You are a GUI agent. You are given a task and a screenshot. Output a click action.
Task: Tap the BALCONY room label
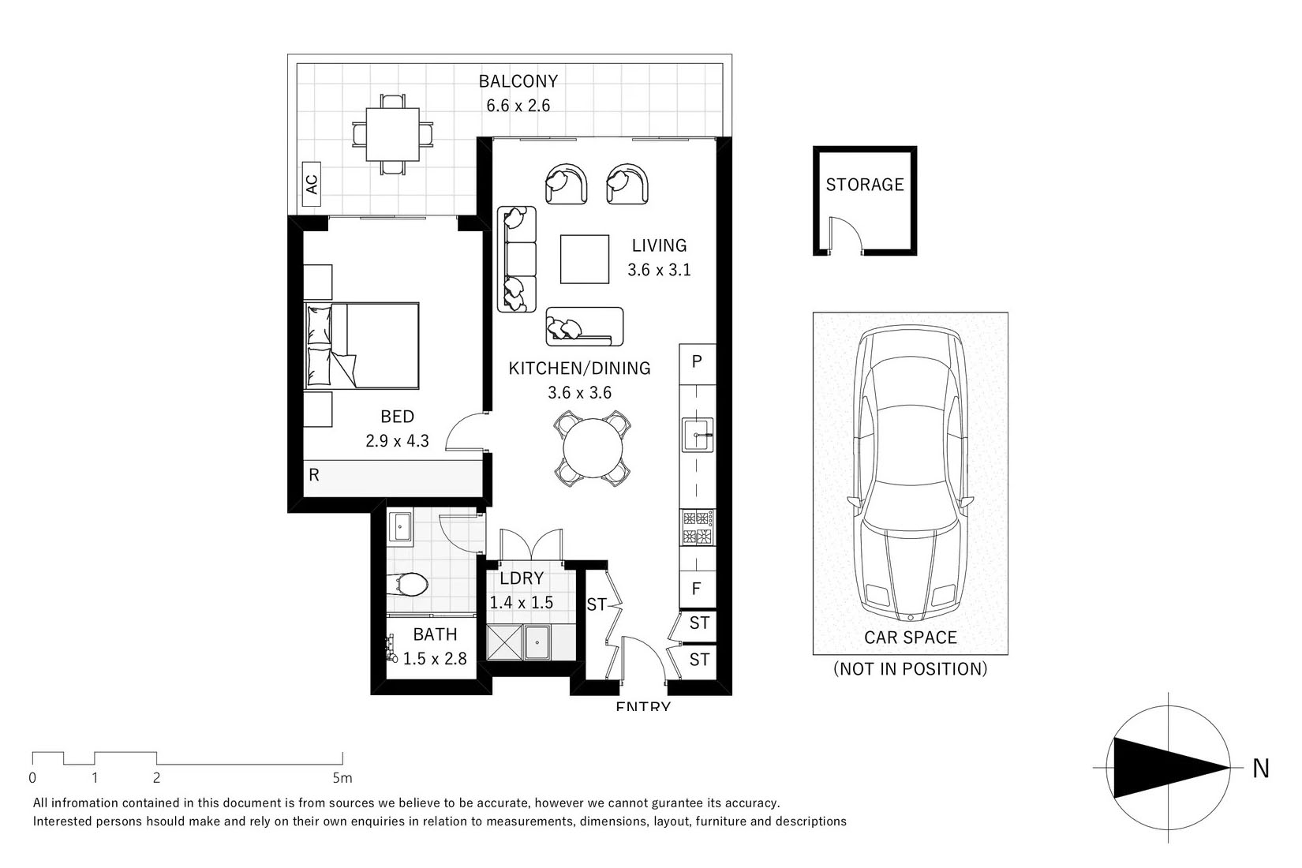(x=518, y=81)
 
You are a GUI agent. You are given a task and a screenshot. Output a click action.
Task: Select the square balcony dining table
(x=392, y=134)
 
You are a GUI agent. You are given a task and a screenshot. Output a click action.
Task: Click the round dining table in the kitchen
(x=593, y=447)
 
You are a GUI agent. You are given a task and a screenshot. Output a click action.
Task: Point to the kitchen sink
(x=698, y=434)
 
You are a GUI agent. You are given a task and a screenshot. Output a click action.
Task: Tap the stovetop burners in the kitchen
(x=698, y=527)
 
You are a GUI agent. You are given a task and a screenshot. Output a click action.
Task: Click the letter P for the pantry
(x=697, y=361)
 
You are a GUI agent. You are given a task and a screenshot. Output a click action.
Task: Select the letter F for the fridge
(x=696, y=589)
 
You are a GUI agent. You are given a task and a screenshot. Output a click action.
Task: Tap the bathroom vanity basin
(x=400, y=527)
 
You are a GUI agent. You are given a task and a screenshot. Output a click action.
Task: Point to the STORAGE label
(x=864, y=185)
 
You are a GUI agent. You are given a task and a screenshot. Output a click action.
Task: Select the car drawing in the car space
(x=911, y=473)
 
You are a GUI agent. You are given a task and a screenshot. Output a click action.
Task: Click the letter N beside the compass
(x=1261, y=769)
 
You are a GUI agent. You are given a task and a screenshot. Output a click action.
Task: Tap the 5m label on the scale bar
(x=342, y=778)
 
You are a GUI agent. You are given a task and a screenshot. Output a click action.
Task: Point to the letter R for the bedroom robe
(x=314, y=475)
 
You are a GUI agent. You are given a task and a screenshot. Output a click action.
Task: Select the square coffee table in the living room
(x=585, y=260)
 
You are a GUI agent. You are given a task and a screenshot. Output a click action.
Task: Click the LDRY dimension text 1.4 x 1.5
(x=522, y=602)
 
